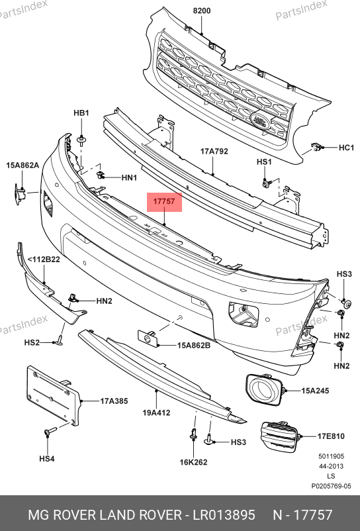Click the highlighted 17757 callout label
(x=164, y=202)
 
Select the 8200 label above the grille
(x=202, y=11)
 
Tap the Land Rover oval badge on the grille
(x=260, y=121)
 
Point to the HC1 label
(x=346, y=148)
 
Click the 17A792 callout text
(x=214, y=151)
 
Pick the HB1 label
(x=81, y=113)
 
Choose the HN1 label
(x=129, y=177)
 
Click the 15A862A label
(x=22, y=166)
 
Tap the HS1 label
(x=264, y=162)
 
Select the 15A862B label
(x=194, y=346)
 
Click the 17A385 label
(x=114, y=401)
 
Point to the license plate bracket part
(x=54, y=395)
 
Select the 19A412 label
(x=156, y=412)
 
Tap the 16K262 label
(x=193, y=462)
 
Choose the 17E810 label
(x=331, y=436)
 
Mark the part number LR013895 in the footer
(x=224, y=515)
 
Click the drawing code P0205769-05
(x=332, y=486)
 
